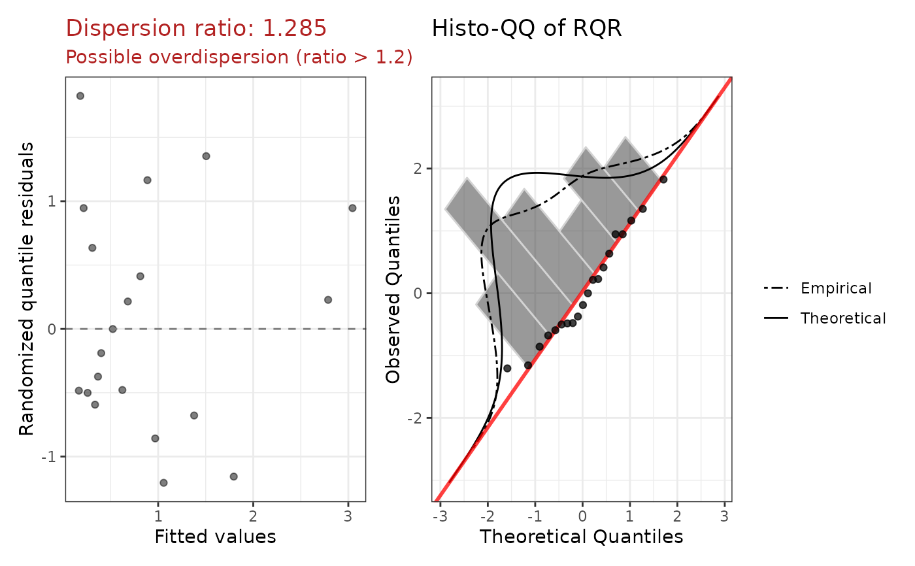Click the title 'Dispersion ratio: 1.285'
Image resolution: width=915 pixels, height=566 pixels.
click(196, 28)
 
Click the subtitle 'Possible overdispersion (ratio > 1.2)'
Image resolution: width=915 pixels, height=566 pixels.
click(239, 58)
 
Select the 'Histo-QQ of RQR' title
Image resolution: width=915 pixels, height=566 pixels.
click(526, 28)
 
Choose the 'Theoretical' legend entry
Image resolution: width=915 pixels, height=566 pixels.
click(843, 318)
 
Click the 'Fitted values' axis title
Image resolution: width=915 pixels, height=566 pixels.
click(215, 537)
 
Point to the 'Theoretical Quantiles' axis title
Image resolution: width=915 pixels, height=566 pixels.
click(581, 537)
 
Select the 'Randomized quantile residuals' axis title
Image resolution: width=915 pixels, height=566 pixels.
click(26, 290)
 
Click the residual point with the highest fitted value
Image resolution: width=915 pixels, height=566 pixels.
click(352, 208)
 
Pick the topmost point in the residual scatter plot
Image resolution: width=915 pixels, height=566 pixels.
click(80, 95)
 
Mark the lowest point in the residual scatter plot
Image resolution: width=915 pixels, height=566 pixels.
click(163, 483)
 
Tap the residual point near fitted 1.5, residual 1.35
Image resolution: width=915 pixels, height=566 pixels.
click(206, 156)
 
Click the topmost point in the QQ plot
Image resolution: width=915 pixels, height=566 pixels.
click(663, 179)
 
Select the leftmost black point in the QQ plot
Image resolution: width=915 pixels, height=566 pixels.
click(507, 369)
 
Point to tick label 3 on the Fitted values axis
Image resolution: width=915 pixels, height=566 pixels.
click(348, 514)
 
